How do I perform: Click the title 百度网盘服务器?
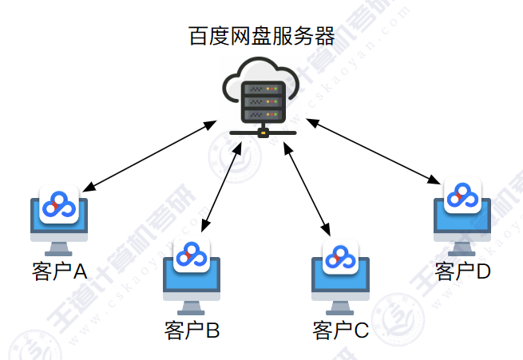pos(261,36)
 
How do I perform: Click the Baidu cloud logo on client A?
pos(58,206)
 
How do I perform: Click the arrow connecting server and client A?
pos(149,156)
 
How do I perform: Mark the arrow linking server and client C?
pos(307,185)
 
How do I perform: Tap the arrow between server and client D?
pos(374,152)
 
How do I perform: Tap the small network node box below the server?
pos(263,133)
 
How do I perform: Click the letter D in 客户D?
pos(482,271)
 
